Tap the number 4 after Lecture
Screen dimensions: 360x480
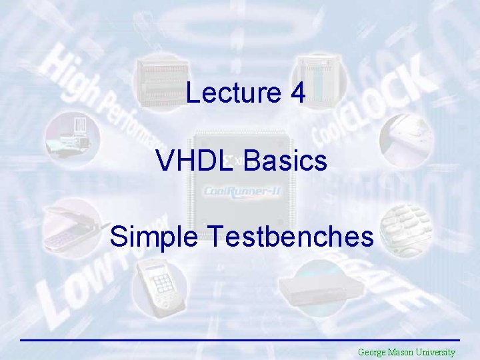(x=297, y=93)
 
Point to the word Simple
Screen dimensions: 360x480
(x=154, y=237)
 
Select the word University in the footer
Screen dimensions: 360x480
(x=436, y=352)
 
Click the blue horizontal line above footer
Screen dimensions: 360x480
(x=240, y=340)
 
